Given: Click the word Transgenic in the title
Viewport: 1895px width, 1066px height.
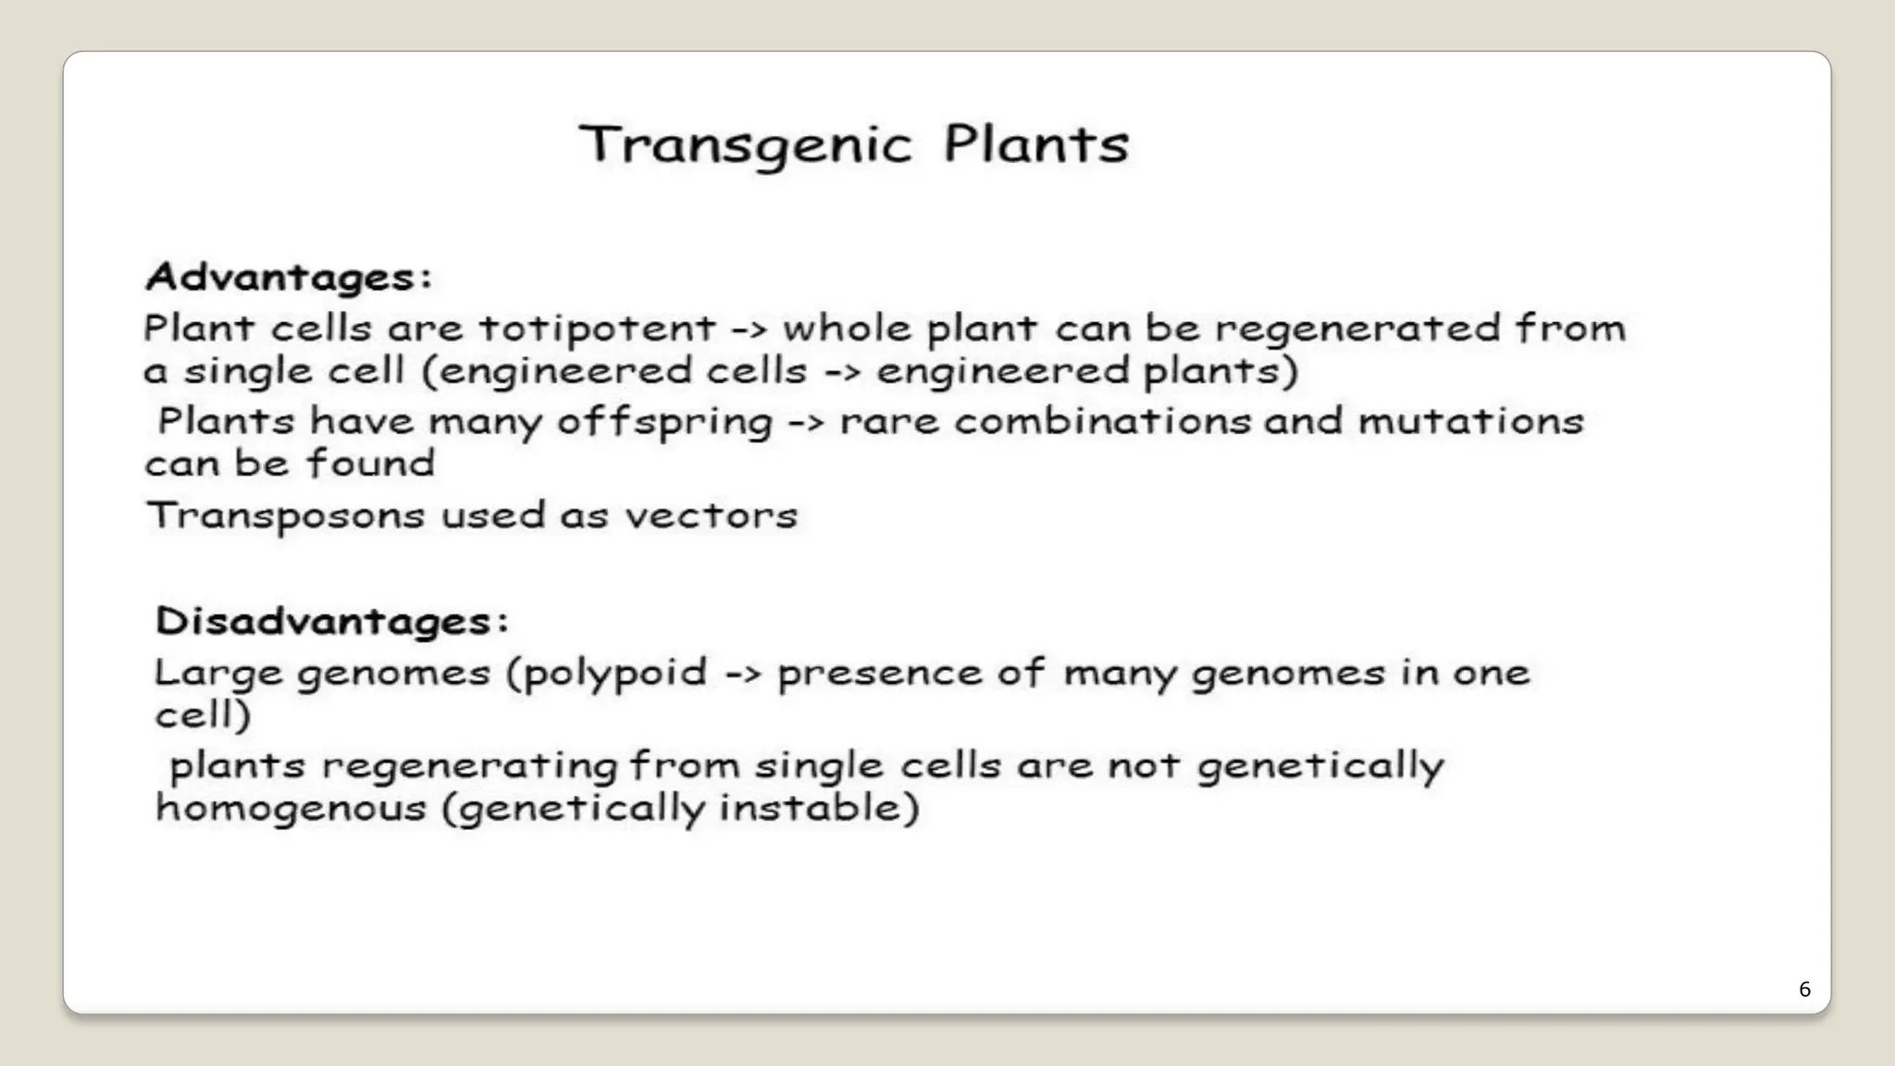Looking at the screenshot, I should (746, 145).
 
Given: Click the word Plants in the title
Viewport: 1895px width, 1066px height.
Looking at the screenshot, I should (1036, 145).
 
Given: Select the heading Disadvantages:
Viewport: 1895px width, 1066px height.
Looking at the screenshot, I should (332, 620).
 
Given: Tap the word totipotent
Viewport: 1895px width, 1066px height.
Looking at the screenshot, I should (598, 328).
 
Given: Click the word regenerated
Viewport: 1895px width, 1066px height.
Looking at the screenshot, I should (1357, 329).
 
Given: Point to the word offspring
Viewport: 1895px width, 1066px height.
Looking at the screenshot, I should (664, 423).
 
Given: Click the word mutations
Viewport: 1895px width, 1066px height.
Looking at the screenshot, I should (1471, 421).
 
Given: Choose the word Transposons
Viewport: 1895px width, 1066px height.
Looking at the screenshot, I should (285, 516).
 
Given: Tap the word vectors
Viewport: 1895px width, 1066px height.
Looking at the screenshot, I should (711, 515).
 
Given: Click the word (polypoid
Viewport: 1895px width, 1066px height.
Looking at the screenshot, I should (607, 674).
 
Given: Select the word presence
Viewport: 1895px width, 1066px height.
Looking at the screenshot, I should (879, 674).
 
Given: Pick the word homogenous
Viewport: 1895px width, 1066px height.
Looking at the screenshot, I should (291, 808).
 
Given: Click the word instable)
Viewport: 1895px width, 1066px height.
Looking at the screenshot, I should (819, 808).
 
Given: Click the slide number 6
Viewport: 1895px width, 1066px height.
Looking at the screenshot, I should (1804, 989).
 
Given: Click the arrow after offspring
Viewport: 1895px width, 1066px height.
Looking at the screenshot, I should (806, 423).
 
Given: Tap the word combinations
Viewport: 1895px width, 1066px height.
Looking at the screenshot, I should (1102, 421).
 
